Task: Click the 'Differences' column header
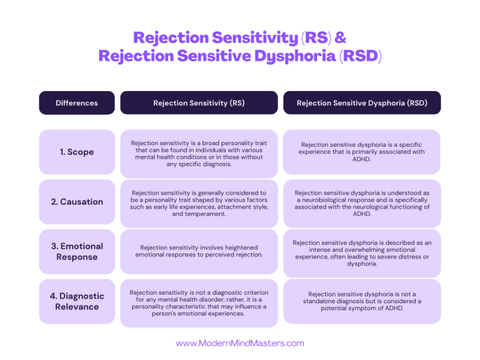point(77,103)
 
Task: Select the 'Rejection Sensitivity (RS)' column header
point(198,103)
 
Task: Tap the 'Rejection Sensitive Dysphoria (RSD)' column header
point(361,103)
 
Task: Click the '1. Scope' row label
point(77,152)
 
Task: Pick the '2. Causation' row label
point(77,202)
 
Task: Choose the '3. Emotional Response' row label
point(77,251)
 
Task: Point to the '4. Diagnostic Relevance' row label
point(77,301)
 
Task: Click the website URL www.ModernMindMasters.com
point(240,343)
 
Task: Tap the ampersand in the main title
point(340,38)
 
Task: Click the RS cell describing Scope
point(198,153)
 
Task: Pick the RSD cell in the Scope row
point(361,152)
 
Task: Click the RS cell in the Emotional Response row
point(198,251)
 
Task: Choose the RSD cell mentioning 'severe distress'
point(361,253)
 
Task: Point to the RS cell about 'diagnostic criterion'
point(198,302)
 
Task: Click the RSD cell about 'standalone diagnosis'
point(361,301)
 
